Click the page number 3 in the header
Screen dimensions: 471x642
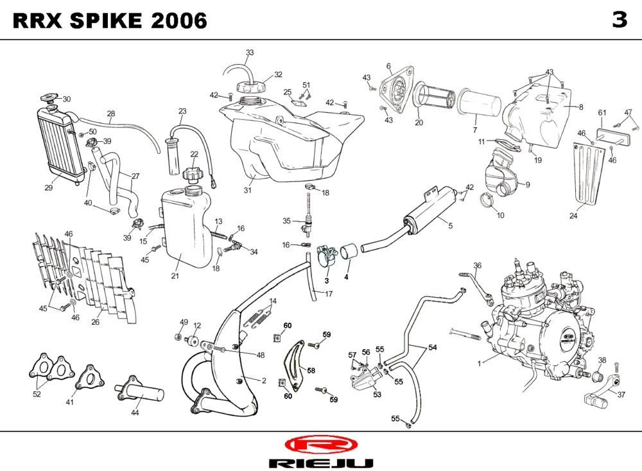pyautogui.click(x=619, y=20)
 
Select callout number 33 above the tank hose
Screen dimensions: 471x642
pyautogui.click(x=250, y=52)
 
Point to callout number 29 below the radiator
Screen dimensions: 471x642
pyautogui.click(x=48, y=187)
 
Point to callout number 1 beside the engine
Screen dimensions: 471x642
pyautogui.click(x=479, y=363)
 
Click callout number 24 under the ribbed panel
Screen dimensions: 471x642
pyautogui.click(x=573, y=216)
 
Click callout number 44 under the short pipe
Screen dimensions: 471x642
pyautogui.click(x=135, y=413)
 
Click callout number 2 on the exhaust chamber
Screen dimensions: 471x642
pyautogui.click(x=264, y=380)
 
